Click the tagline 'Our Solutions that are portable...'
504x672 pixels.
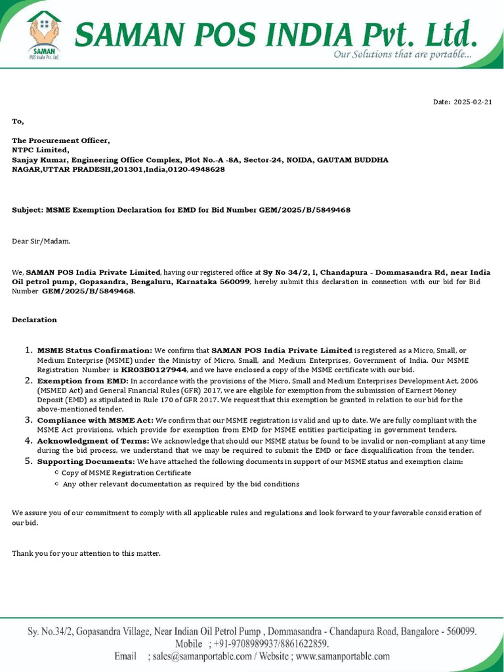[x=402, y=54]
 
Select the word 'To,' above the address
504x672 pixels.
[x=18, y=121]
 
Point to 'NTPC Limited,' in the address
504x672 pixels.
[x=40, y=150]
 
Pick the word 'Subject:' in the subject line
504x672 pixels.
[x=28, y=210]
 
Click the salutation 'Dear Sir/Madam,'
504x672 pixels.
[x=41, y=241]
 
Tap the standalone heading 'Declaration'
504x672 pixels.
[x=34, y=320]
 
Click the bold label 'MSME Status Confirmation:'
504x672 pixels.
[x=94, y=350]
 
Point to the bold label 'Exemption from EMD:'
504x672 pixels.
[x=83, y=381]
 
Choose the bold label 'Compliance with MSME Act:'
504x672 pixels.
[x=95, y=420]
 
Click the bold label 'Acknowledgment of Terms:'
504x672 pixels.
[x=94, y=441]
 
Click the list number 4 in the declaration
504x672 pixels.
[x=29, y=440]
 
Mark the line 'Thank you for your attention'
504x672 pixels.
[x=86, y=553]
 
